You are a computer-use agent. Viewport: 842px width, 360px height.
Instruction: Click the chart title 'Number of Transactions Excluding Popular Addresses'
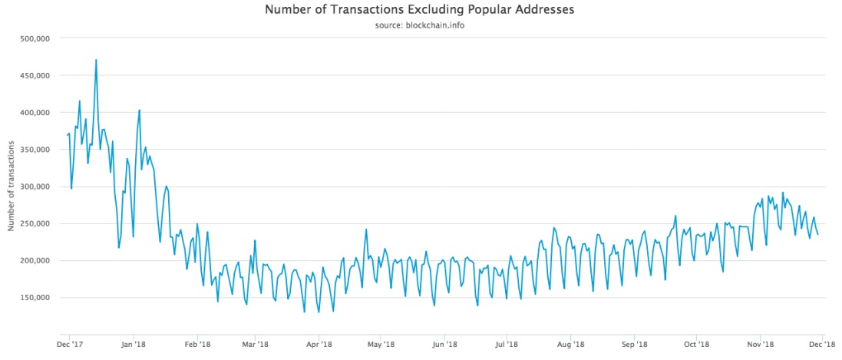(420, 10)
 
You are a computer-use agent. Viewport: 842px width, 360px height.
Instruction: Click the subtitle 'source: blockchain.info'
(420, 25)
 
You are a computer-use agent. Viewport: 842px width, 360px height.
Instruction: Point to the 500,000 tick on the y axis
(33, 38)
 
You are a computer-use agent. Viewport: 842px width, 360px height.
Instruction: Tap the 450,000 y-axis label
(33, 75)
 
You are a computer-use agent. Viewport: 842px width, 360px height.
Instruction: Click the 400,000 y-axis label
(33, 112)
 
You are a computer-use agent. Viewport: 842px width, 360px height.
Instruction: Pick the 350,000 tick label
(33, 150)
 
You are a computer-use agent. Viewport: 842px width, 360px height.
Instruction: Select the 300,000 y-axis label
(33, 187)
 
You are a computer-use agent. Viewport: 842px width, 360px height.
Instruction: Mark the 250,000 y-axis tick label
(33, 223)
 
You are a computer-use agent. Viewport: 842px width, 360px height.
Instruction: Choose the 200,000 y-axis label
(33, 260)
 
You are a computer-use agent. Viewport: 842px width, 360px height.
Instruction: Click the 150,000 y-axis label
(33, 297)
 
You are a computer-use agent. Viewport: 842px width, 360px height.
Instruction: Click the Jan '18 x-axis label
(134, 345)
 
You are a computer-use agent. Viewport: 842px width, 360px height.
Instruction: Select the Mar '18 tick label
(255, 345)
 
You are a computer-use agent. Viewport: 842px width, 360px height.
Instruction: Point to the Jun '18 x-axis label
(445, 345)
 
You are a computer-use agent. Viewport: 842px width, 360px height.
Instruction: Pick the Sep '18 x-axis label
(635, 345)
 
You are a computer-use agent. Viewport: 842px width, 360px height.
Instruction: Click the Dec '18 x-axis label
(822, 345)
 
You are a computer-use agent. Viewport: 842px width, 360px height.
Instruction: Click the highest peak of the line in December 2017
(96, 60)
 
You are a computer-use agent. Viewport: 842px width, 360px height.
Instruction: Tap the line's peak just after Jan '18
(139, 110)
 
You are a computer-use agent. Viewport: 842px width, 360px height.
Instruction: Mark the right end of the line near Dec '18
(818, 234)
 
